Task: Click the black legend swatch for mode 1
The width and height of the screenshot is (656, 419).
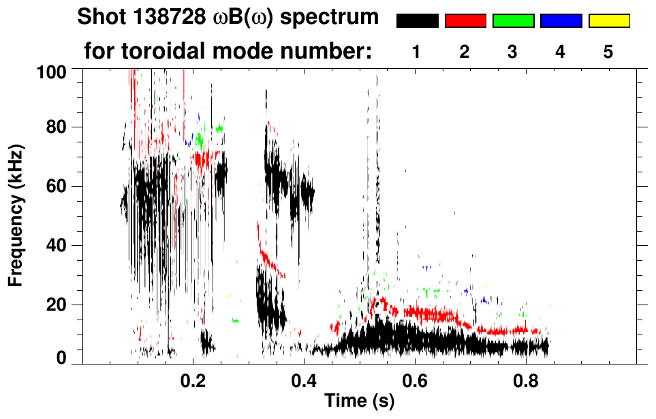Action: [x=417, y=21]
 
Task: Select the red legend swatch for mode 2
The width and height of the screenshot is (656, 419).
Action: [x=465, y=21]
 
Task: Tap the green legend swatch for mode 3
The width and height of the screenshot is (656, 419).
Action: [x=513, y=21]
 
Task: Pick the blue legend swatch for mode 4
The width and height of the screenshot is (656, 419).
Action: [x=561, y=21]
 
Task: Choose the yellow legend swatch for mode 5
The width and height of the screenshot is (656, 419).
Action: [x=608, y=21]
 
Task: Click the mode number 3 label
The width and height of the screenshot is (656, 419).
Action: [x=513, y=52]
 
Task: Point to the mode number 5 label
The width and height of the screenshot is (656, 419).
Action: [x=608, y=52]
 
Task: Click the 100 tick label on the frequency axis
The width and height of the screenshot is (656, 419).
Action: [x=52, y=71]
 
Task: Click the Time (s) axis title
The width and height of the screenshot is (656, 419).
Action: [x=359, y=401]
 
